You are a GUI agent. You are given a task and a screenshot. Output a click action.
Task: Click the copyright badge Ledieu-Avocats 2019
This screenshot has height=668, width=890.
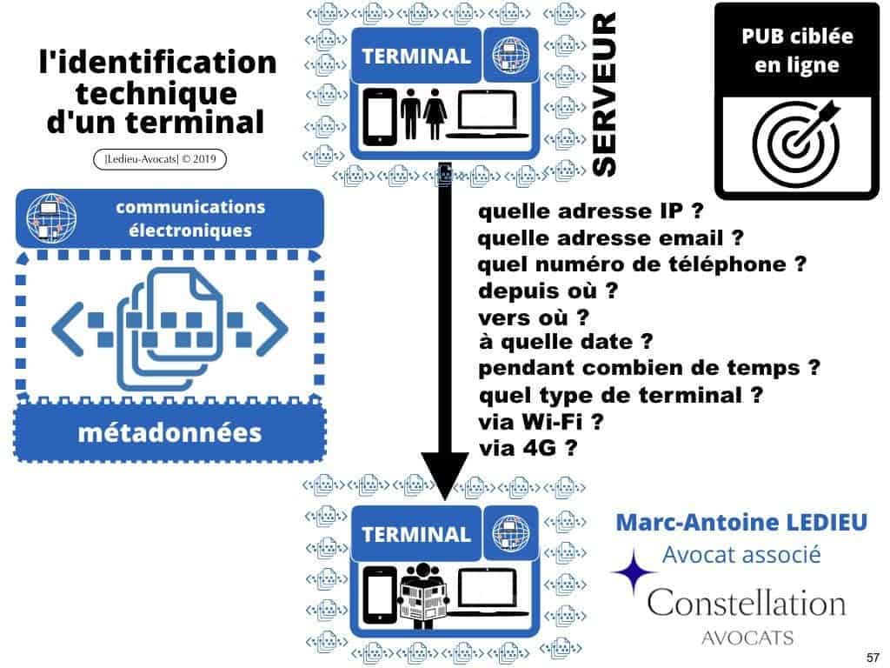[153, 160]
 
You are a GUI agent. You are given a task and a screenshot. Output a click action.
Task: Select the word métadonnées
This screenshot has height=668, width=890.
[169, 431]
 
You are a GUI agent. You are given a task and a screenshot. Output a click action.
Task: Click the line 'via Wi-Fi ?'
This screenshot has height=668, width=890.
[541, 423]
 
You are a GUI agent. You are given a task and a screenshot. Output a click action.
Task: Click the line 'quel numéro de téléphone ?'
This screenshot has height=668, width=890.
[642, 264]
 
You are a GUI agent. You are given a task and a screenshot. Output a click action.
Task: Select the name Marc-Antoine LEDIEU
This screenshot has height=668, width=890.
[741, 522]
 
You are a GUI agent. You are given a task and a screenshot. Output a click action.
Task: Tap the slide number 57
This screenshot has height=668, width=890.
[873, 656]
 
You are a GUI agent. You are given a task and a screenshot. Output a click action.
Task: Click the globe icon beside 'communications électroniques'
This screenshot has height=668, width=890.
[49, 217]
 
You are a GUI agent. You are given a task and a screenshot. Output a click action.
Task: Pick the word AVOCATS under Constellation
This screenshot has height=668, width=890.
[747, 638]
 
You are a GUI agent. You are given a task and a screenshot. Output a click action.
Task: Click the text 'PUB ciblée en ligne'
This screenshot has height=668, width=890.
[797, 51]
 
